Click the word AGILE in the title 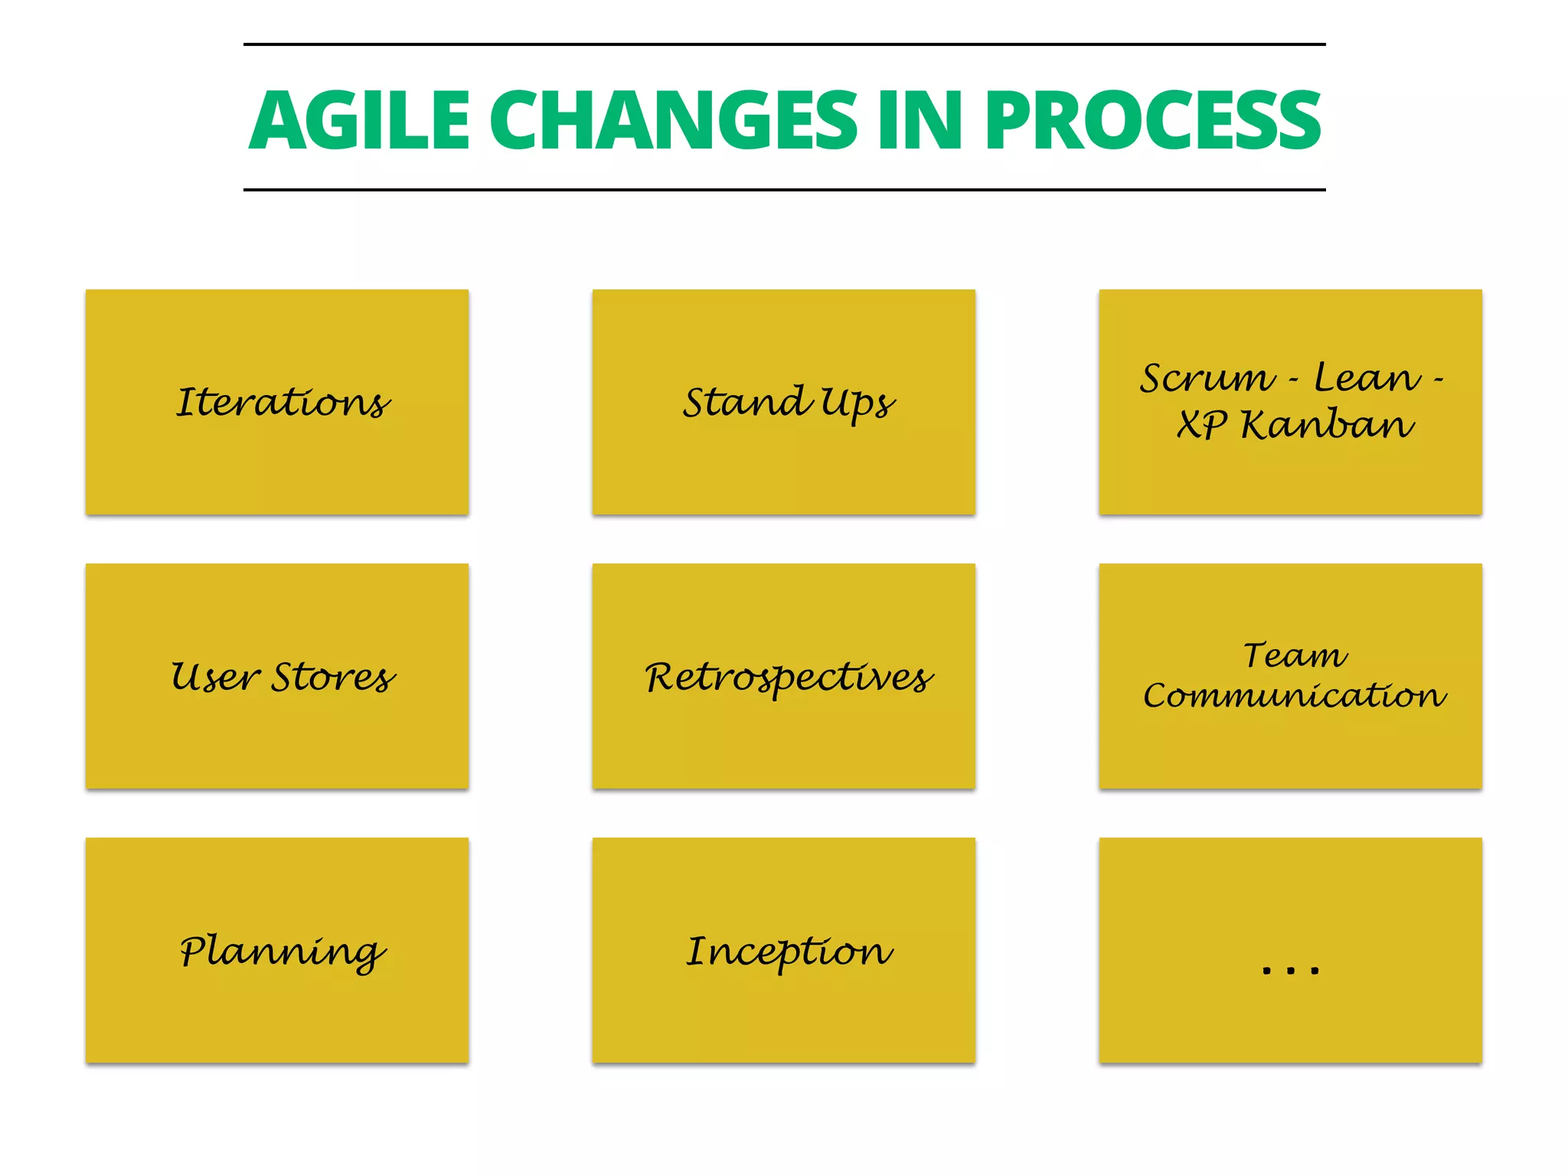pyautogui.click(x=358, y=120)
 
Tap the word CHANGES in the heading pyautogui.click(x=674, y=120)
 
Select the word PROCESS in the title pyautogui.click(x=1152, y=120)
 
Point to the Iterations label pyautogui.click(x=283, y=403)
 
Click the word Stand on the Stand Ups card pyautogui.click(x=746, y=403)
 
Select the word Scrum pyautogui.click(x=1207, y=378)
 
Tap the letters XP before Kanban pyautogui.click(x=1203, y=425)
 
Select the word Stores pyautogui.click(x=335, y=678)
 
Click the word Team pyautogui.click(x=1294, y=655)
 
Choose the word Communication pyautogui.click(x=1294, y=696)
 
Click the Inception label pyautogui.click(x=789, y=952)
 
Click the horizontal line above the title pyautogui.click(x=784, y=44)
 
